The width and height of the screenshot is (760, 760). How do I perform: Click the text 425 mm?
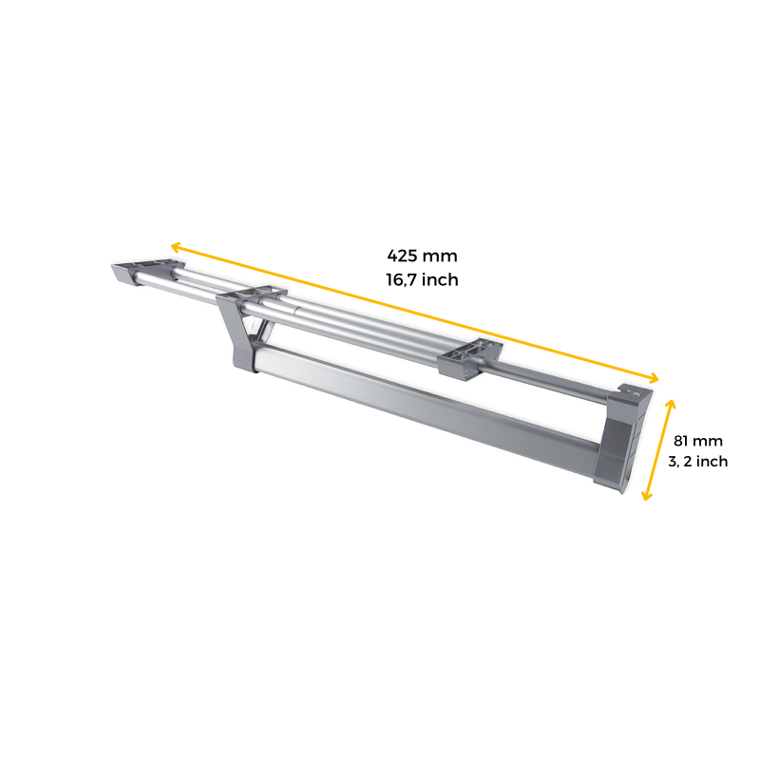click(422, 256)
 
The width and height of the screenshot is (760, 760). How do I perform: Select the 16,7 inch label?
click(422, 279)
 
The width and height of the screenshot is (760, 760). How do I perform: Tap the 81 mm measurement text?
click(698, 441)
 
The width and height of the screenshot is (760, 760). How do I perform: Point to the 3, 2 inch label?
click(698, 462)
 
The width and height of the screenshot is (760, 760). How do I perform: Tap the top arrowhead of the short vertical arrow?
click(673, 403)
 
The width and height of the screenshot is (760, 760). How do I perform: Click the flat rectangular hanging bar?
click(427, 408)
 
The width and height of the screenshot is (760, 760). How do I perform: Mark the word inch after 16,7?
click(441, 279)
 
